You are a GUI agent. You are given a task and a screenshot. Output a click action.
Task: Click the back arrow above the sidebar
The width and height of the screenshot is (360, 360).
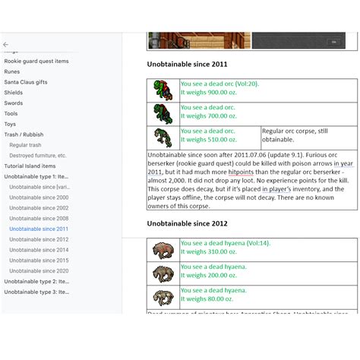tap(6, 45)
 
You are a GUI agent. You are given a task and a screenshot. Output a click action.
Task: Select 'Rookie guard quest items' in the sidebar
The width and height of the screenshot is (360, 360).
tap(36, 61)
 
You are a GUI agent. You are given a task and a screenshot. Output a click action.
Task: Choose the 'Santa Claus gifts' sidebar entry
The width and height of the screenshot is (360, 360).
tap(25, 82)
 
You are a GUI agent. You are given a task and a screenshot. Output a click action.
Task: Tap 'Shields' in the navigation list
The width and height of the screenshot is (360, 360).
tap(13, 93)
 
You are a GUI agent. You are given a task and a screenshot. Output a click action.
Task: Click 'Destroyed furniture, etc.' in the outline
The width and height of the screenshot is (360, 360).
tap(38, 155)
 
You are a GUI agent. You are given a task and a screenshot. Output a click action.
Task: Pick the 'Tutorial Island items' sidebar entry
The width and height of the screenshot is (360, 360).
tap(30, 166)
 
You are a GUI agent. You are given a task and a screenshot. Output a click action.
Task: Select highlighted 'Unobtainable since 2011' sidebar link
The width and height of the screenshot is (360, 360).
tap(39, 229)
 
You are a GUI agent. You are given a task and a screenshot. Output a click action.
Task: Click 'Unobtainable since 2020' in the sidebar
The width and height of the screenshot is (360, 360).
tap(39, 270)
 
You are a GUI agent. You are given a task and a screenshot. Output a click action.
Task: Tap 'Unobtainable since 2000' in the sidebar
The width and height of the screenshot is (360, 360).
tap(39, 197)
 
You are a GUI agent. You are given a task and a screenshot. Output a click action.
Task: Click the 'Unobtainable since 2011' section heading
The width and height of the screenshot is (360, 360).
tap(187, 65)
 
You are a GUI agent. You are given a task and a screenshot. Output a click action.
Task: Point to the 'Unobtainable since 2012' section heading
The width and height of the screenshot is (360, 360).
tap(187, 224)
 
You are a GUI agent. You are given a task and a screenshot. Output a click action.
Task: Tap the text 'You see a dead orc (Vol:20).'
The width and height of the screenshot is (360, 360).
tap(219, 84)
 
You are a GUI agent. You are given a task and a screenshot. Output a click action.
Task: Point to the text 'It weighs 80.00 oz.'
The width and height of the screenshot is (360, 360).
tap(206, 299)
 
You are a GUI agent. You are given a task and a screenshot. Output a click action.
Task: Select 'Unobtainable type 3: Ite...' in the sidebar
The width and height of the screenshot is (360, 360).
tap(36, 292)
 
